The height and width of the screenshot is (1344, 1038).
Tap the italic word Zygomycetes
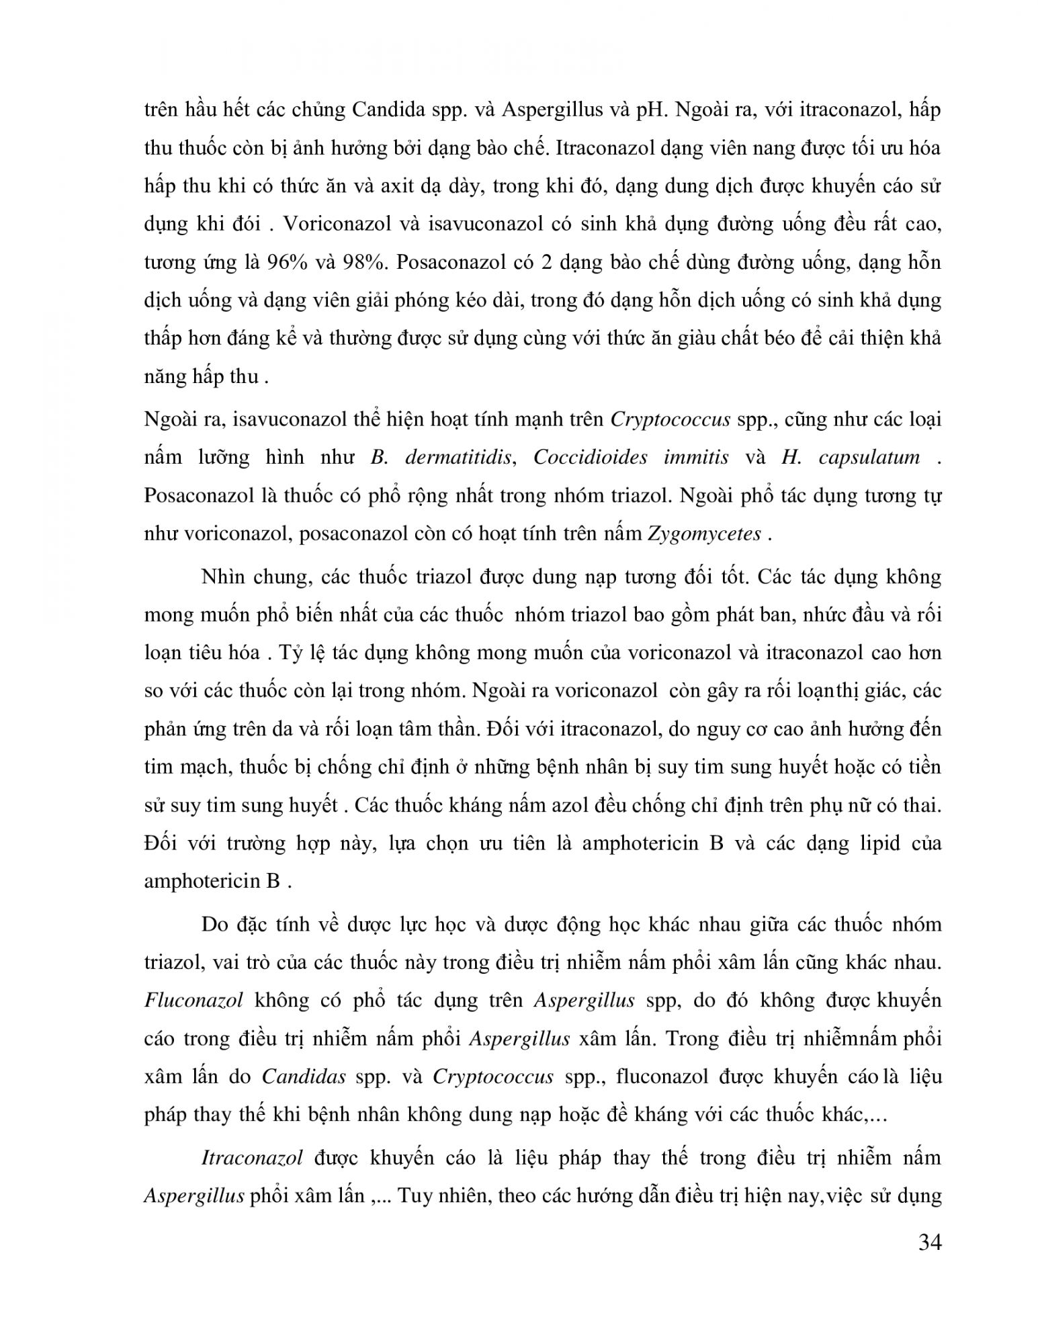point(705,534)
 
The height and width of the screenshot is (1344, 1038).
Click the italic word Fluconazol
point(193,1001)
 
